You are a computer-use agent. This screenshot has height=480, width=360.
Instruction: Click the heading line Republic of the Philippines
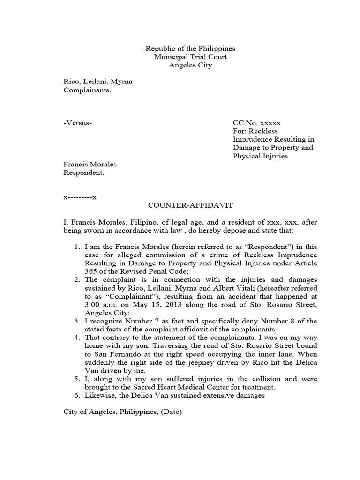pos(190,49)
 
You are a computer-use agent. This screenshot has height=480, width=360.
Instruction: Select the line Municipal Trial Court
pos(190,57)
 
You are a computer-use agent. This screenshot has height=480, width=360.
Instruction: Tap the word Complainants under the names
pos(87,90)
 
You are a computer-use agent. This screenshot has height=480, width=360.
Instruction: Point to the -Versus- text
pos(78,123)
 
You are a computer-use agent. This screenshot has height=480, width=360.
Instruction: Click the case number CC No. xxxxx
pos(256,123)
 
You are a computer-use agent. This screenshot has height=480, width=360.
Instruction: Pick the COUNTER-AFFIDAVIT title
pos(190,205)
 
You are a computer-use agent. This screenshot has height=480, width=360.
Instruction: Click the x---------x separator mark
pos(80,197)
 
